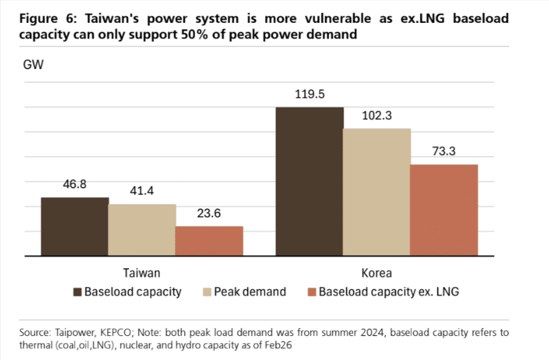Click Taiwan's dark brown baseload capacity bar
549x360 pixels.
click(75, 227)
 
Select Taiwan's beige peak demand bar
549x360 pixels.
click(142, 230)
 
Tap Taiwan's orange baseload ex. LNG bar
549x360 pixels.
click(209, 241)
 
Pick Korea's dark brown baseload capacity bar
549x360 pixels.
click(309, 182)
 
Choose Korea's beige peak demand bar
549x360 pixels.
click(376, 192)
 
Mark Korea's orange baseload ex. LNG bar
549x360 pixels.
click(443, 210)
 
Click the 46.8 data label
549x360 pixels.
click(75, 184)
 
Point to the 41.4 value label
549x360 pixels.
click(142, 191)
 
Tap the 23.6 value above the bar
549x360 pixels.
click(209, 214)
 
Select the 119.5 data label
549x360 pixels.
click(309, 94)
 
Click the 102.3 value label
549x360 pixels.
click(376, 116)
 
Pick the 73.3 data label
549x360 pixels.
click(443, 152)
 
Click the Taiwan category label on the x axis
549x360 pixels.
click(141, 273)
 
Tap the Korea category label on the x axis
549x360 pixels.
click(376, 273)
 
